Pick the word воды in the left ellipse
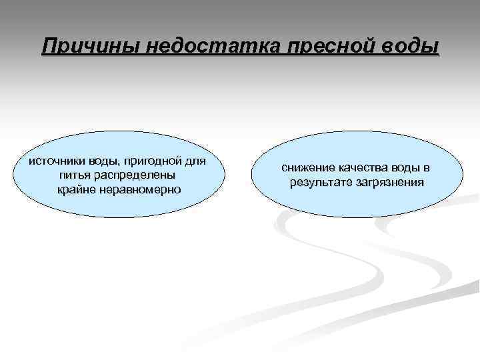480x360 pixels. click(x=103, y=161)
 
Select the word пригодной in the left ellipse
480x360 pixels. click(x=154, y=161)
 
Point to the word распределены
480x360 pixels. click(x=136, y=175)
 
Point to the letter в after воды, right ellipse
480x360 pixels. click(x=426, y=168)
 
